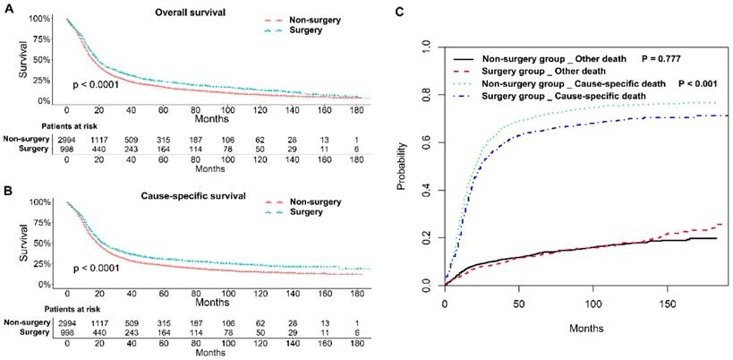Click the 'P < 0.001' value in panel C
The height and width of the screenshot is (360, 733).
point(702,83)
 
